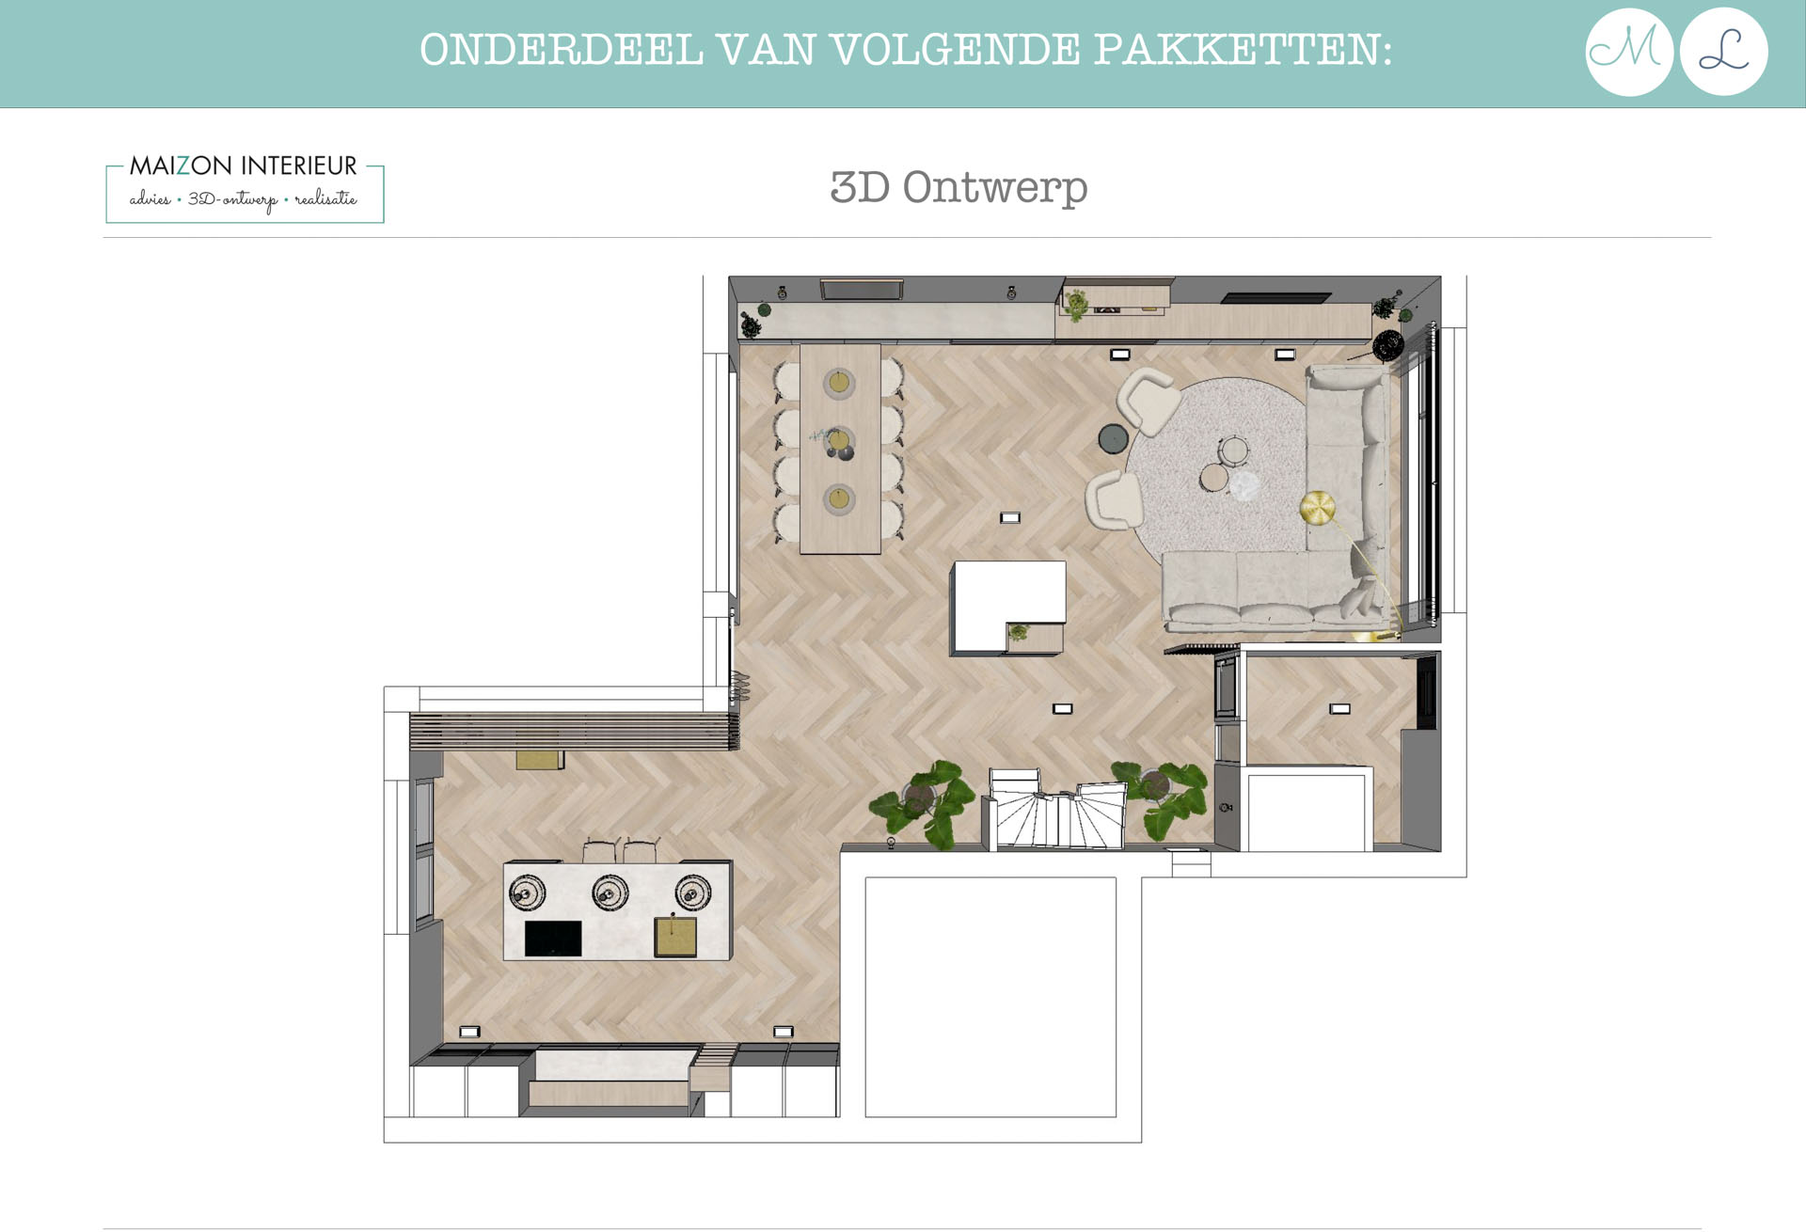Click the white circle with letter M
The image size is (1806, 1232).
click(x=1629, y=52)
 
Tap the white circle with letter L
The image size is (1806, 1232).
click(x=1724, y=52)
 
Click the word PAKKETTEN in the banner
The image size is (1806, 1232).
click(x=1243, y=50)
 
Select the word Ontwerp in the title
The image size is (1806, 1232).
click(x=995, y=188)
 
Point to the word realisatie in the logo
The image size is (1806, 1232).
click(x=325, y=198)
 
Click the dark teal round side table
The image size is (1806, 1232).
click(x=1114, y=438)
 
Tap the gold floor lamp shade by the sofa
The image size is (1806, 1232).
click(x=1317, y=508)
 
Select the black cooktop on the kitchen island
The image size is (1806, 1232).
click(x=553, y=938)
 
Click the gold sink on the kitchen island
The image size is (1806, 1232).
click(x=675, y=936)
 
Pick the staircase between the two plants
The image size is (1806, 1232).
click(x=1055, y=809)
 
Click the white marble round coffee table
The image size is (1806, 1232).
click(x=1244, y=486)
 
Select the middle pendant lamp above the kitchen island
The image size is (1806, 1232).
click(x=610, y=892)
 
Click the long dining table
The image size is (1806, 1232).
click(x=840, y=449)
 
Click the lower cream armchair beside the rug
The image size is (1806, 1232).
click(x=1115, y=499)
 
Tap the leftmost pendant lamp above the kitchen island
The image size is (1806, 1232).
click(x=527, y=892)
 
